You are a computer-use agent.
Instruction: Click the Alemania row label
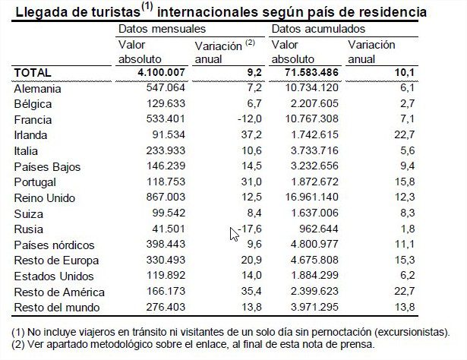click(38, 88)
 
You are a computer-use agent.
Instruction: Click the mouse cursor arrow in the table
click(235, 233)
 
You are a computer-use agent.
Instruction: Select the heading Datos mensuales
click(155, 29)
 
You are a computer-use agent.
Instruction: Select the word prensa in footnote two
click(356, 344)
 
